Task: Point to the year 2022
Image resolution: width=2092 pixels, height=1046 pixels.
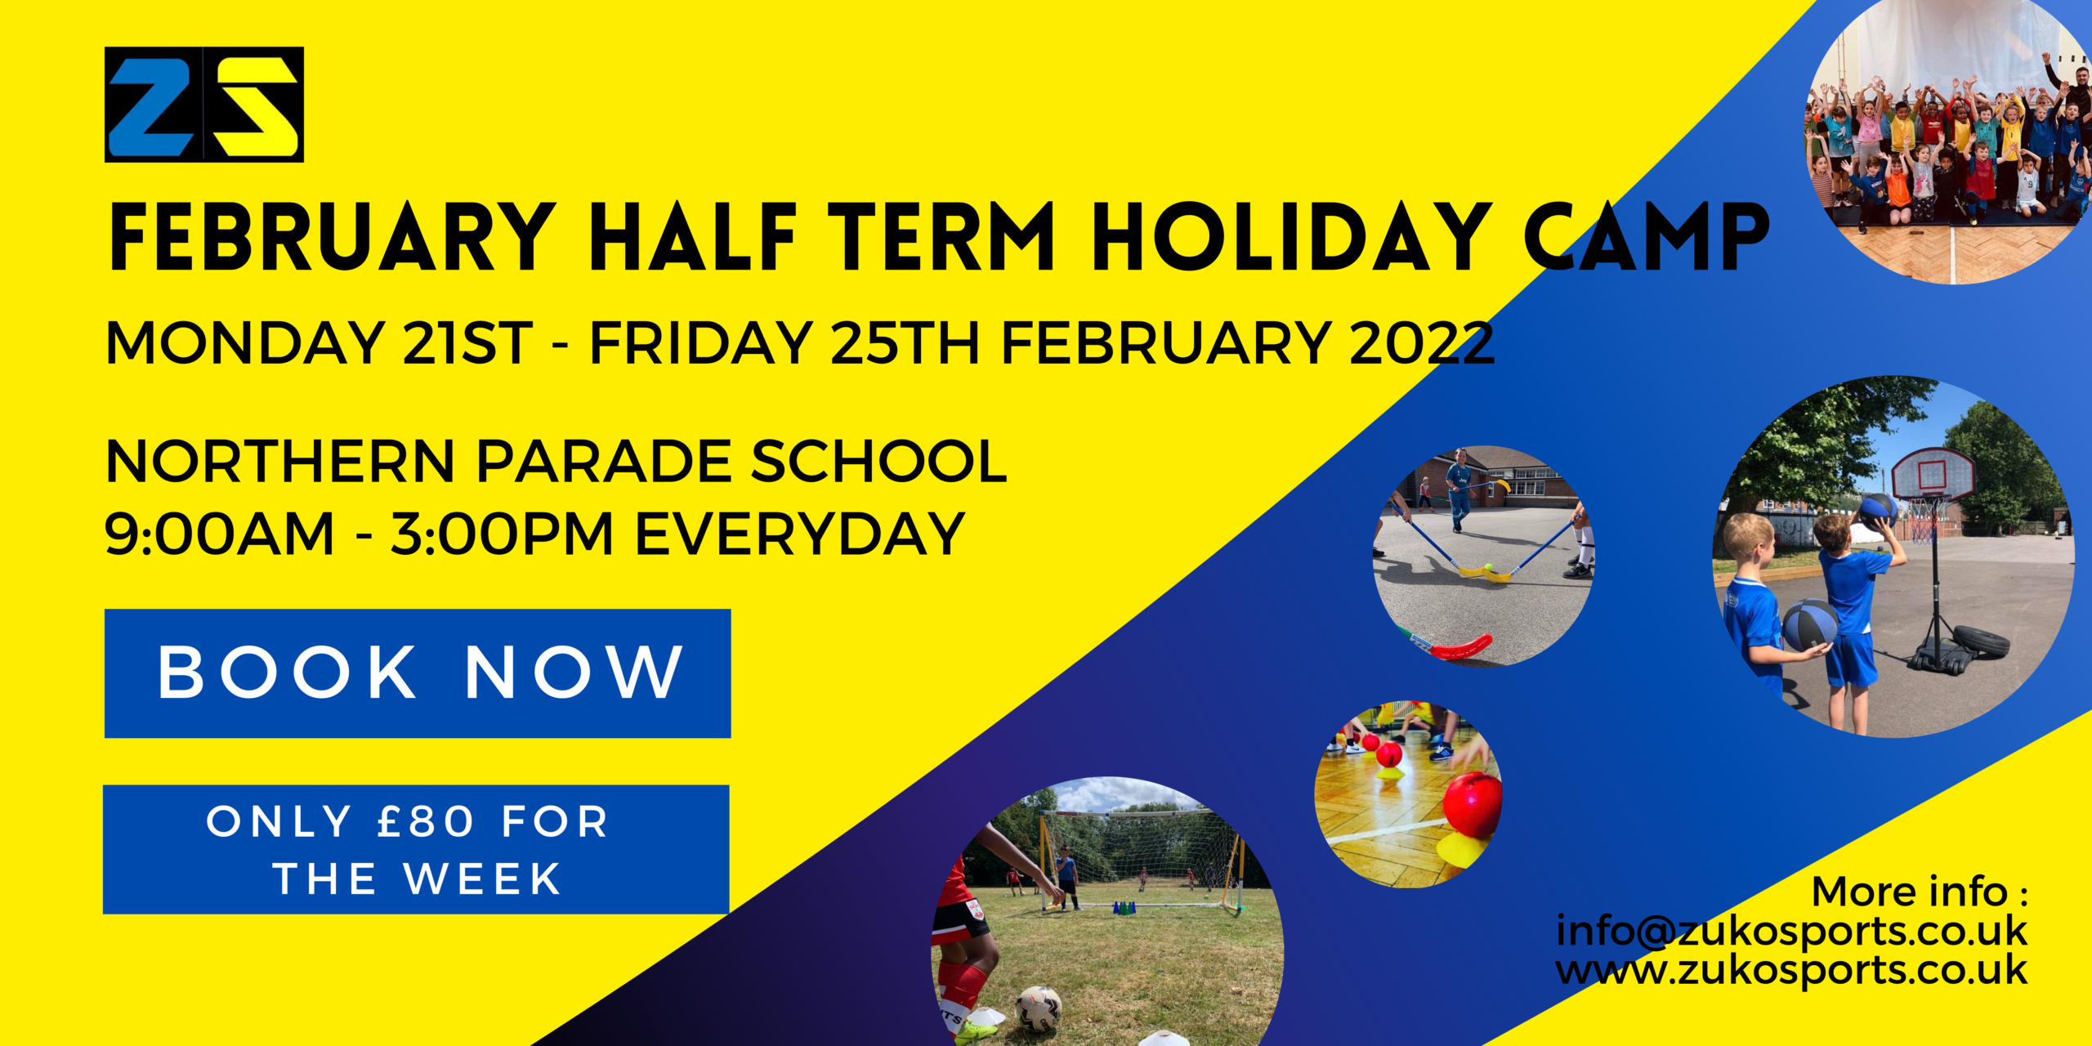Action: point(1422,343)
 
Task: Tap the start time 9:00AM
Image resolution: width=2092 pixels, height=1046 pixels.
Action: point(220,534)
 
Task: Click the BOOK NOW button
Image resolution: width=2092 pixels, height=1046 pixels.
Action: point(418,673)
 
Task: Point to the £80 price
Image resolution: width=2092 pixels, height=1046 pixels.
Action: point(425,821)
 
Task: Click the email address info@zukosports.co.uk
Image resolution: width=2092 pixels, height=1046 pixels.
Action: point(1791,932)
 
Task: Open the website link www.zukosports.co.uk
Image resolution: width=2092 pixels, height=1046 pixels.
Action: point(1791,971)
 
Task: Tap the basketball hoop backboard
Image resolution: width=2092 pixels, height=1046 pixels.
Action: point(1933,473)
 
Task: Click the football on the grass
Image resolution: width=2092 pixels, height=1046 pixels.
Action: point(1039,1009)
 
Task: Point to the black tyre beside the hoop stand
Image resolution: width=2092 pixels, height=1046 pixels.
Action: point(1981,641)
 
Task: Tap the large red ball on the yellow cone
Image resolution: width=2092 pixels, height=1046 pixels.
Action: point(1473,806)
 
